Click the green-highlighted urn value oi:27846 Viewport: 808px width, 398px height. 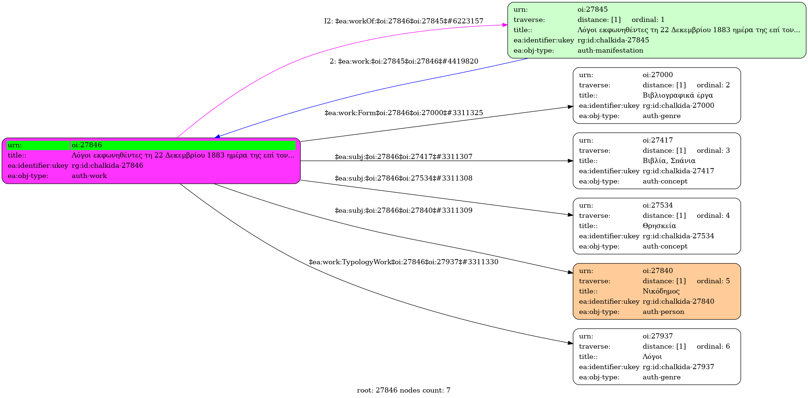click(87, 145)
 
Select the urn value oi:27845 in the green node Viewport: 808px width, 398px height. click(593, 10)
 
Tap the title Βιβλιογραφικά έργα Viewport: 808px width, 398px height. click(678, 95)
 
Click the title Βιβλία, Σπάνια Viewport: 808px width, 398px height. click(669, 161)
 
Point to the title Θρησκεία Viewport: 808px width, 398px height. click(659, 226)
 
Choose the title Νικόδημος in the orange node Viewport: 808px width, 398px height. click(661, 291)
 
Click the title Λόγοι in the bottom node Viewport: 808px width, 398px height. click(652, 357)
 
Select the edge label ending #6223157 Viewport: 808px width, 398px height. click(404, 21)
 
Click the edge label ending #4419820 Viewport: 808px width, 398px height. click(404, 61)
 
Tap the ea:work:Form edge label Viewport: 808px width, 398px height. click(404, 113)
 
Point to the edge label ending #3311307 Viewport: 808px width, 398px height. click(404, 157)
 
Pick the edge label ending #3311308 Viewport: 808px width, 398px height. click(404, 178)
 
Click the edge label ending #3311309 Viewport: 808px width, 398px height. click(404, 211)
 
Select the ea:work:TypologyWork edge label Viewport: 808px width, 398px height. click(404, 262)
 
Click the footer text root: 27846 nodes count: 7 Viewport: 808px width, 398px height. click(404, 390)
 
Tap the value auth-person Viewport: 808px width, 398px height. click(664, 312)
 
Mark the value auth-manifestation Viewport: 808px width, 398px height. click(610, 50)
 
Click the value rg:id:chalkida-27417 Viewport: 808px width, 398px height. click(679, 171)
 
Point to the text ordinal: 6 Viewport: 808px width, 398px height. click(713, 346)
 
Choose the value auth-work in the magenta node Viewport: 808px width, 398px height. click(89, 176)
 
